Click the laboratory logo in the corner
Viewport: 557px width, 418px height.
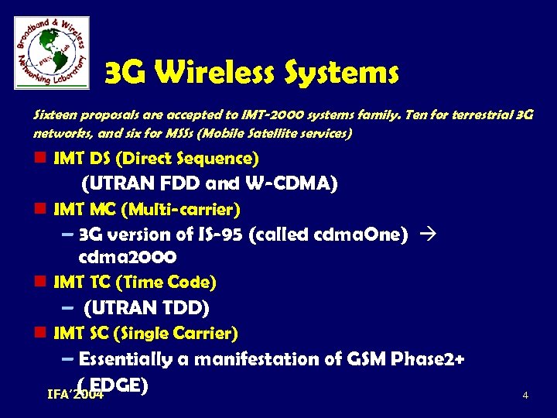point(51,51)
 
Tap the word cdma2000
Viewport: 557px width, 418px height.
point(128,256)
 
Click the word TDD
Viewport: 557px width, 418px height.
point(183,308)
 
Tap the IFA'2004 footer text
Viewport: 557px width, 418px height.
point(75,396)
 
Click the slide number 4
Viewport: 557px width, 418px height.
point(525,396)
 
